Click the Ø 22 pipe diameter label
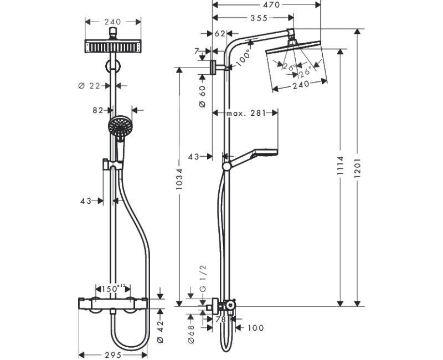pos(89,85)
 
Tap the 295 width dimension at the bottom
pos(112,354)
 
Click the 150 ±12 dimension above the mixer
pos(112,288)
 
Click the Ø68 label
pos(191,334)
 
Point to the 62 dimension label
pos(219,34)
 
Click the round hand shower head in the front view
pos(119,126)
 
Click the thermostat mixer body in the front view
pos(113,304)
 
